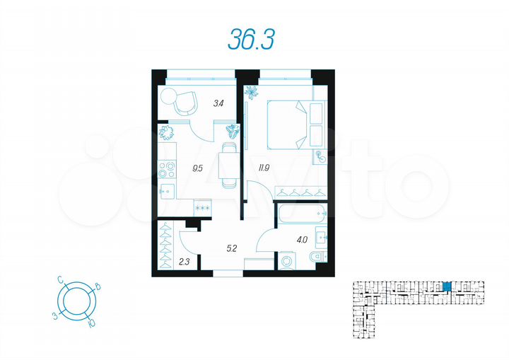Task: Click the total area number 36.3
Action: (250, 40)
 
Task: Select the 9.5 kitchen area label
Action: (198, 168)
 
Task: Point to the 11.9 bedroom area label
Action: (264, 168)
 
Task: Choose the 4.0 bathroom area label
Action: (302, 240)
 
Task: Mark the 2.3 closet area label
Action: (184, 262)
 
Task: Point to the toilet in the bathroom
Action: (318, 257)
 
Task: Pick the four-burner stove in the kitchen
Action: (167, 170)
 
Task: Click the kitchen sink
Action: (167, 189)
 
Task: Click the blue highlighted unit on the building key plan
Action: (446, 286)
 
